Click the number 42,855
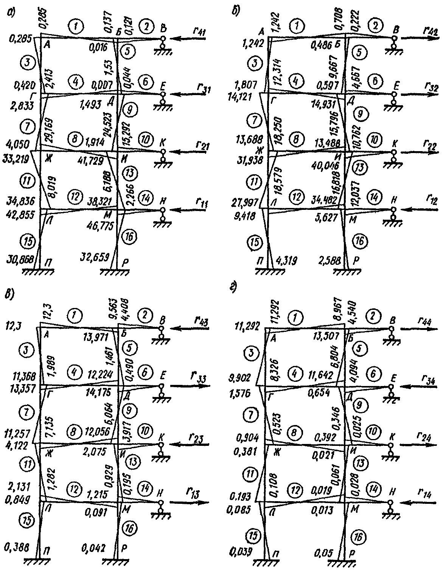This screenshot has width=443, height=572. coord(19,214)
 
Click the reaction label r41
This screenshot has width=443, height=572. coord(199,32)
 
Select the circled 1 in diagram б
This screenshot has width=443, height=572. coord(299,27)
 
